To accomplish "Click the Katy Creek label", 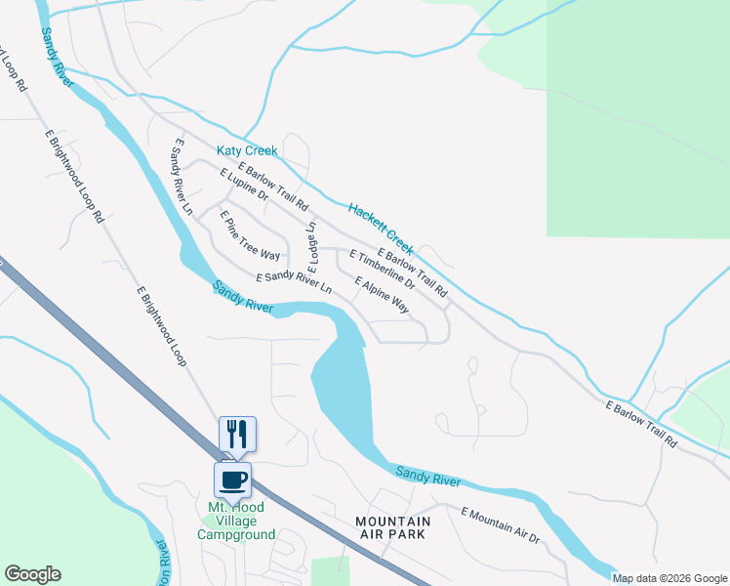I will (x=247, y=151).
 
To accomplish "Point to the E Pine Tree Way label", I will (x=250, y=235).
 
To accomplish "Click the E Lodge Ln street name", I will (x=313, y=246).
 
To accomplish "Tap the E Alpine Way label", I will (x=382, y=294).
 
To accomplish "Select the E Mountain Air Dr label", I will (x=500, y=524).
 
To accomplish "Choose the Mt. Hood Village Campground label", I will (x=236, y=521).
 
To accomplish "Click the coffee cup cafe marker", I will (x=232, y=480).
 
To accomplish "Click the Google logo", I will (x=32, y=574).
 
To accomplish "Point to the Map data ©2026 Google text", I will (x=669, y=578).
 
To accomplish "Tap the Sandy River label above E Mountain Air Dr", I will (x=427, y=476).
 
